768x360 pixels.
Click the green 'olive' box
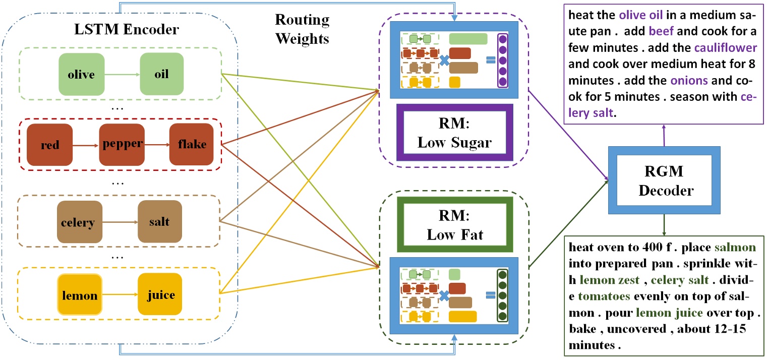(x=81, y=75)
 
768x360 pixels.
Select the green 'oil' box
(x=161, y=75)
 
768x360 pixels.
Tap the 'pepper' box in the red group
(x=122, y=145)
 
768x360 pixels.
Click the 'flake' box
(x=191, y=145)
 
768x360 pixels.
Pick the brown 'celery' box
(x=80, y=222)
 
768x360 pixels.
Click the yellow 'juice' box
(x=159, y=295)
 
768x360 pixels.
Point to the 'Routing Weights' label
(x=302, y=29)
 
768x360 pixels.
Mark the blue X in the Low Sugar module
(x=444, y=61)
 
